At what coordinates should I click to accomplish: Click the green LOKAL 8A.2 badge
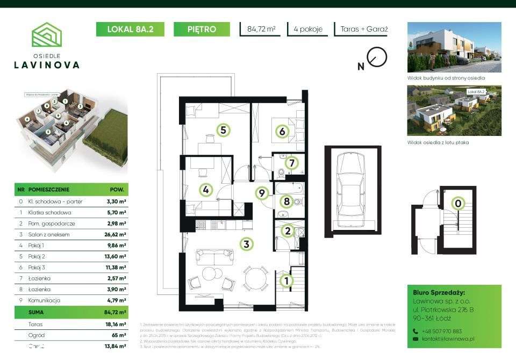pyautogui.click(x=131, y=30)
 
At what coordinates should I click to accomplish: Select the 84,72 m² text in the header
pyautogui.click(x=261, y=30)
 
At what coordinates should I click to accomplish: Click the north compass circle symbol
pyautogui.click(x=377, y=56)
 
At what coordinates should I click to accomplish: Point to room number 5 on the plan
pyautogui.click(x=223, y=129)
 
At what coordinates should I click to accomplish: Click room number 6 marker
pyautogui.click(x=281, y=131)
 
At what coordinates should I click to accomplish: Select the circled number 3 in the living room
pyautogui.click(x=246, y=244)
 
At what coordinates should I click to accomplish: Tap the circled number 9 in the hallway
pyautogui.click(x=262, y=194)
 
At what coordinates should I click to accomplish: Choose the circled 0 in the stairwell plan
pyautogui.click(x=458, y=203)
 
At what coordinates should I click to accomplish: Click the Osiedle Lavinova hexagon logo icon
pyautogui.click(x=47, y=34)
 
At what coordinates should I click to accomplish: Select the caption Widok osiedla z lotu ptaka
pyautogui.click(x=438, y=142)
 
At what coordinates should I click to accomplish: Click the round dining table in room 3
pyautogui.click(x=256, y=278)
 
